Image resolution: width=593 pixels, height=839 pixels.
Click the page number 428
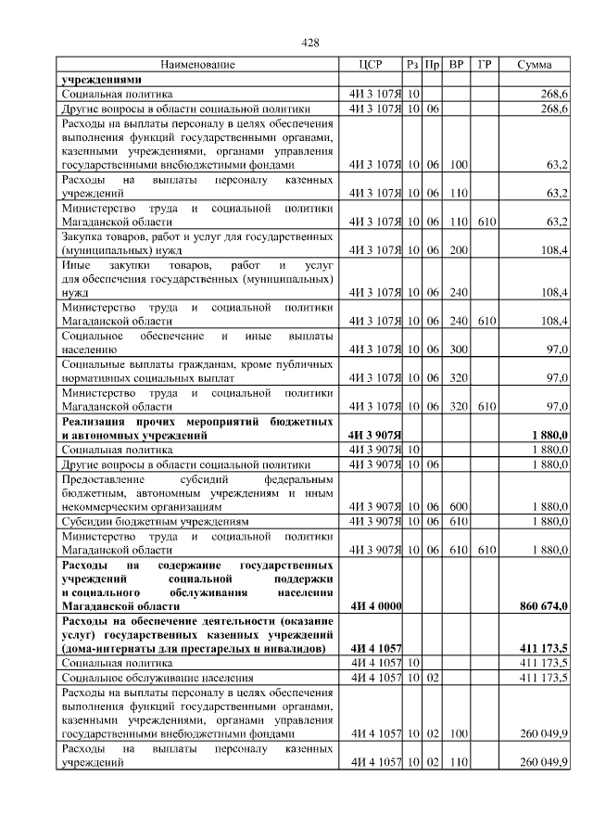click(311, 44)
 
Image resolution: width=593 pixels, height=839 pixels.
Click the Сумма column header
click(535, 65)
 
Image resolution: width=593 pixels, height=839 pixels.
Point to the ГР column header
click(484, 65)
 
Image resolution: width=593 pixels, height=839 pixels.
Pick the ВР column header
click(456, 65)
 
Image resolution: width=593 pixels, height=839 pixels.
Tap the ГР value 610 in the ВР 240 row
click(484, 320)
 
